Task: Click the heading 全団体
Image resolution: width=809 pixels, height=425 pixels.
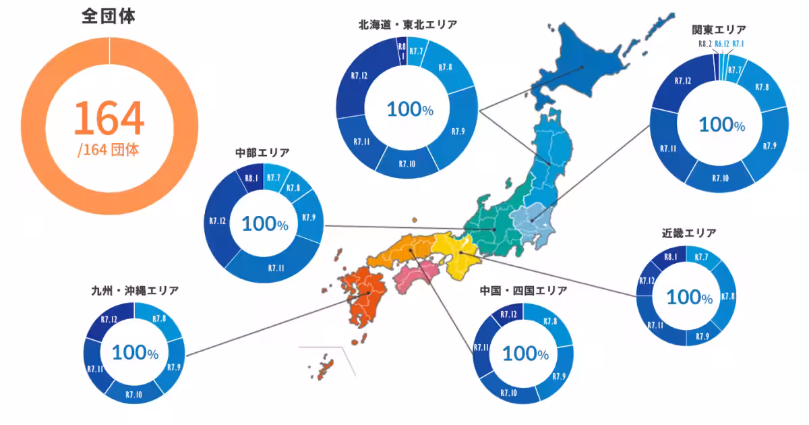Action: click(109, 17)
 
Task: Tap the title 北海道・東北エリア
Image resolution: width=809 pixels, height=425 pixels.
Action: click(408, 25)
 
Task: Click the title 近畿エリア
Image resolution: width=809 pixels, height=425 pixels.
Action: click(688, 233)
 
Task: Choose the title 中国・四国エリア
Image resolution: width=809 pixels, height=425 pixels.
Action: click(523, 291)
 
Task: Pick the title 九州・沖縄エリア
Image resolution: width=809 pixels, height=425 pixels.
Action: click(135, 291)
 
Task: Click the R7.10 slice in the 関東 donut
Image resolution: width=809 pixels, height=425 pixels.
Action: click(720, 178)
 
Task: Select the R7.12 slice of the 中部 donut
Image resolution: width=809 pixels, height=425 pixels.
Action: click(217, 221)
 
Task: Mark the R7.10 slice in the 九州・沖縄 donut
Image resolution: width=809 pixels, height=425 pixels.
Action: click(134, 393)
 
